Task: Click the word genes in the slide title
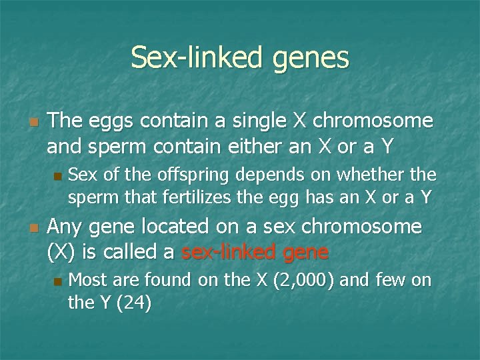(311, 58)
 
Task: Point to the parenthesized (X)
(63, 252)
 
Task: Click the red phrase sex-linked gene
(255, 252)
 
